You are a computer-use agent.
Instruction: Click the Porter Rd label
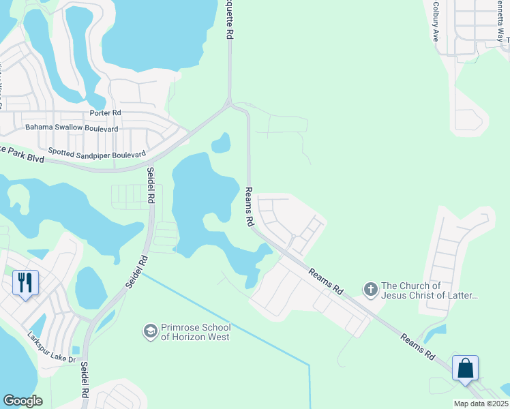click(105, 112)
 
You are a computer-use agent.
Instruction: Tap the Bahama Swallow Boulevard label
click(72, 127)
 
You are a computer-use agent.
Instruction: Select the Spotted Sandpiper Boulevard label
click(97, 155)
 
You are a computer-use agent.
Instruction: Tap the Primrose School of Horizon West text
click(195, 332)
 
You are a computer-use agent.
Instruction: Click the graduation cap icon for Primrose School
click(150, 332)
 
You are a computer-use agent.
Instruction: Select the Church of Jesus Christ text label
click(430, 290)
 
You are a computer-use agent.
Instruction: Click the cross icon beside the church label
click(370, 290)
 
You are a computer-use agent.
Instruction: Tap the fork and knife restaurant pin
click(26, 283)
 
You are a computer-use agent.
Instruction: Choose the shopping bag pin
click(465, 368)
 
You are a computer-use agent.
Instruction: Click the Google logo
click(22, 401)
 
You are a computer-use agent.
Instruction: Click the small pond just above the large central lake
click(221, 143)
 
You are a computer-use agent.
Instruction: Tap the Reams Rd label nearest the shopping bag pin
click(417, 346)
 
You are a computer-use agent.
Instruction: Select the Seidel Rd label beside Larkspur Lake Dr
click(85, 376)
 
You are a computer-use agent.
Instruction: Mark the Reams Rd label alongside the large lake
click(250, 207)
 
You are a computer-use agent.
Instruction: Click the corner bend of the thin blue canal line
click(310, 366)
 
